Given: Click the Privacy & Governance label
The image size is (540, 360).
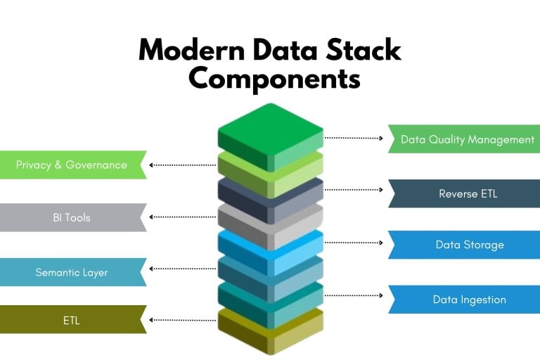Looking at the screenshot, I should [72, 165].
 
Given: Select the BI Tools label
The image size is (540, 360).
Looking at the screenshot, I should [72, 218].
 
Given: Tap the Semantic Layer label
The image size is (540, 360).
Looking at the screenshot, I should [72, 272].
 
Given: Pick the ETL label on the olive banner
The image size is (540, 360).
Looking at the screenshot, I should [72, 321].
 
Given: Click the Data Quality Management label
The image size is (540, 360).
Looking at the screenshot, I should [468, 139].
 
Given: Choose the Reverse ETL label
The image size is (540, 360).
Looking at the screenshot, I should [468, 193].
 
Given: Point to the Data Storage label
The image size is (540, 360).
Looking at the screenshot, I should [469, 245].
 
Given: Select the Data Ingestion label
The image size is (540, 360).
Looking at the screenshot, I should [469, 300].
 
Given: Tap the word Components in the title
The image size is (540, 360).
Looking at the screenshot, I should [274, 79].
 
